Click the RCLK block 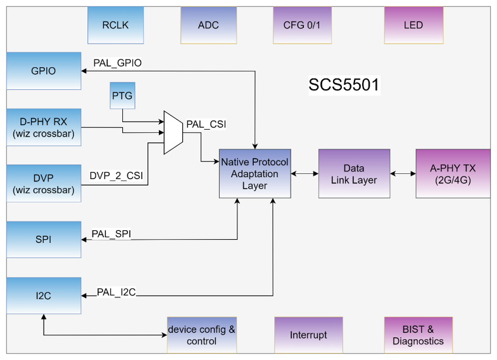[x=115, y=25]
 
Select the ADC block [x=208, y=25]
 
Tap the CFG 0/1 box [x=302, y=25]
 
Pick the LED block [x=413, y=25]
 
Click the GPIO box [x=44, y=71]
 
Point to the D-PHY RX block [x=44, y=127]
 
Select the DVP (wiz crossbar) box [x=44, y=183]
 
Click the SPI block [x=44, y=240]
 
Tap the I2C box [x=44, y=295]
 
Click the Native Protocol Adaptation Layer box [x=255, y=173]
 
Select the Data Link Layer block [x=354, y=173]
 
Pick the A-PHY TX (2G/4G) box [x=453, y=173]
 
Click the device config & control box [x=201, y=335]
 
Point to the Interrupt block [x=308, y=335]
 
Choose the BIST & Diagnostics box [x=418, y=335]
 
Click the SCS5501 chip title [x=344, y=85]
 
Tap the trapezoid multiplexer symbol [x=173, y=133]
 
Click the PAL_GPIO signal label [x=117, y=63]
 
